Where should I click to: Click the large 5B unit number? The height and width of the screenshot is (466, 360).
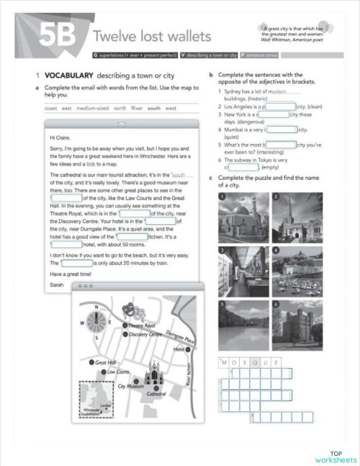tap(63, 34)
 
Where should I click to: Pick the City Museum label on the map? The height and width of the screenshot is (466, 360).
tap(130, 387)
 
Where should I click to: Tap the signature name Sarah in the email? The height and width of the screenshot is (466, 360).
tap(56, 284)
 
